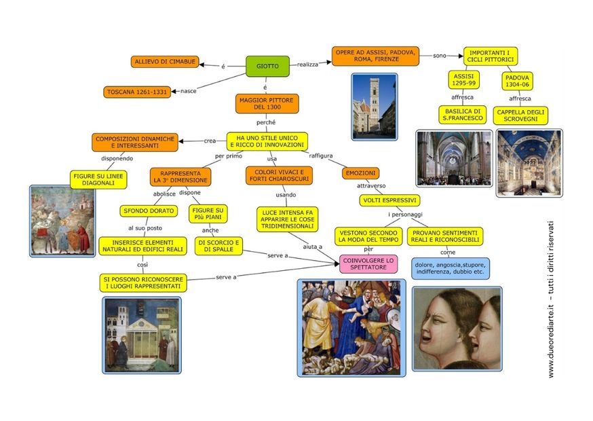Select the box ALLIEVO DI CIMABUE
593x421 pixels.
(166, 62)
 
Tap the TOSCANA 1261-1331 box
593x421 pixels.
(137, 92)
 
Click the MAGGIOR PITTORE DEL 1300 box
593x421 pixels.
(268, 104)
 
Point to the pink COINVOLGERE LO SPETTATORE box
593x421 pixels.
(368, 263)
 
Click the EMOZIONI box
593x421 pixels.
(361, 173)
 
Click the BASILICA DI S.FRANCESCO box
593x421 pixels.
(463, 114)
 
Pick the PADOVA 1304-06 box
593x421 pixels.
(518, 81)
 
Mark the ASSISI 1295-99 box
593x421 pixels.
(464, 80)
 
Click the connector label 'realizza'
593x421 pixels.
(307, 65)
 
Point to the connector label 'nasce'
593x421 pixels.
(188, 91)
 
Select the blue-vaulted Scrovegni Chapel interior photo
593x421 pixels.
(529, 162)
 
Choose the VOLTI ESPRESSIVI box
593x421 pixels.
(389, 200)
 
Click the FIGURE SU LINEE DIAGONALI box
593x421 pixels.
(98, 179)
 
